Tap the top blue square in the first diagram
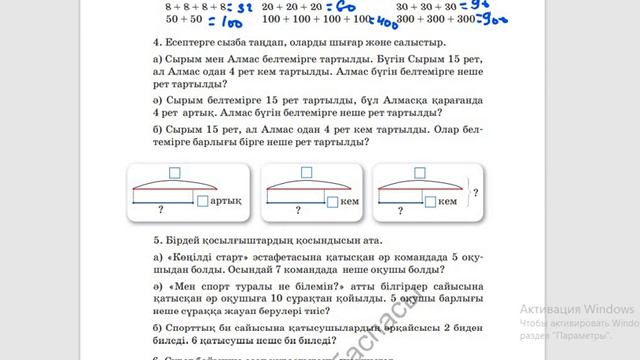pos(175,172)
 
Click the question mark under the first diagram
pos(161,212)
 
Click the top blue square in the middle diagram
pos(299,172)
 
